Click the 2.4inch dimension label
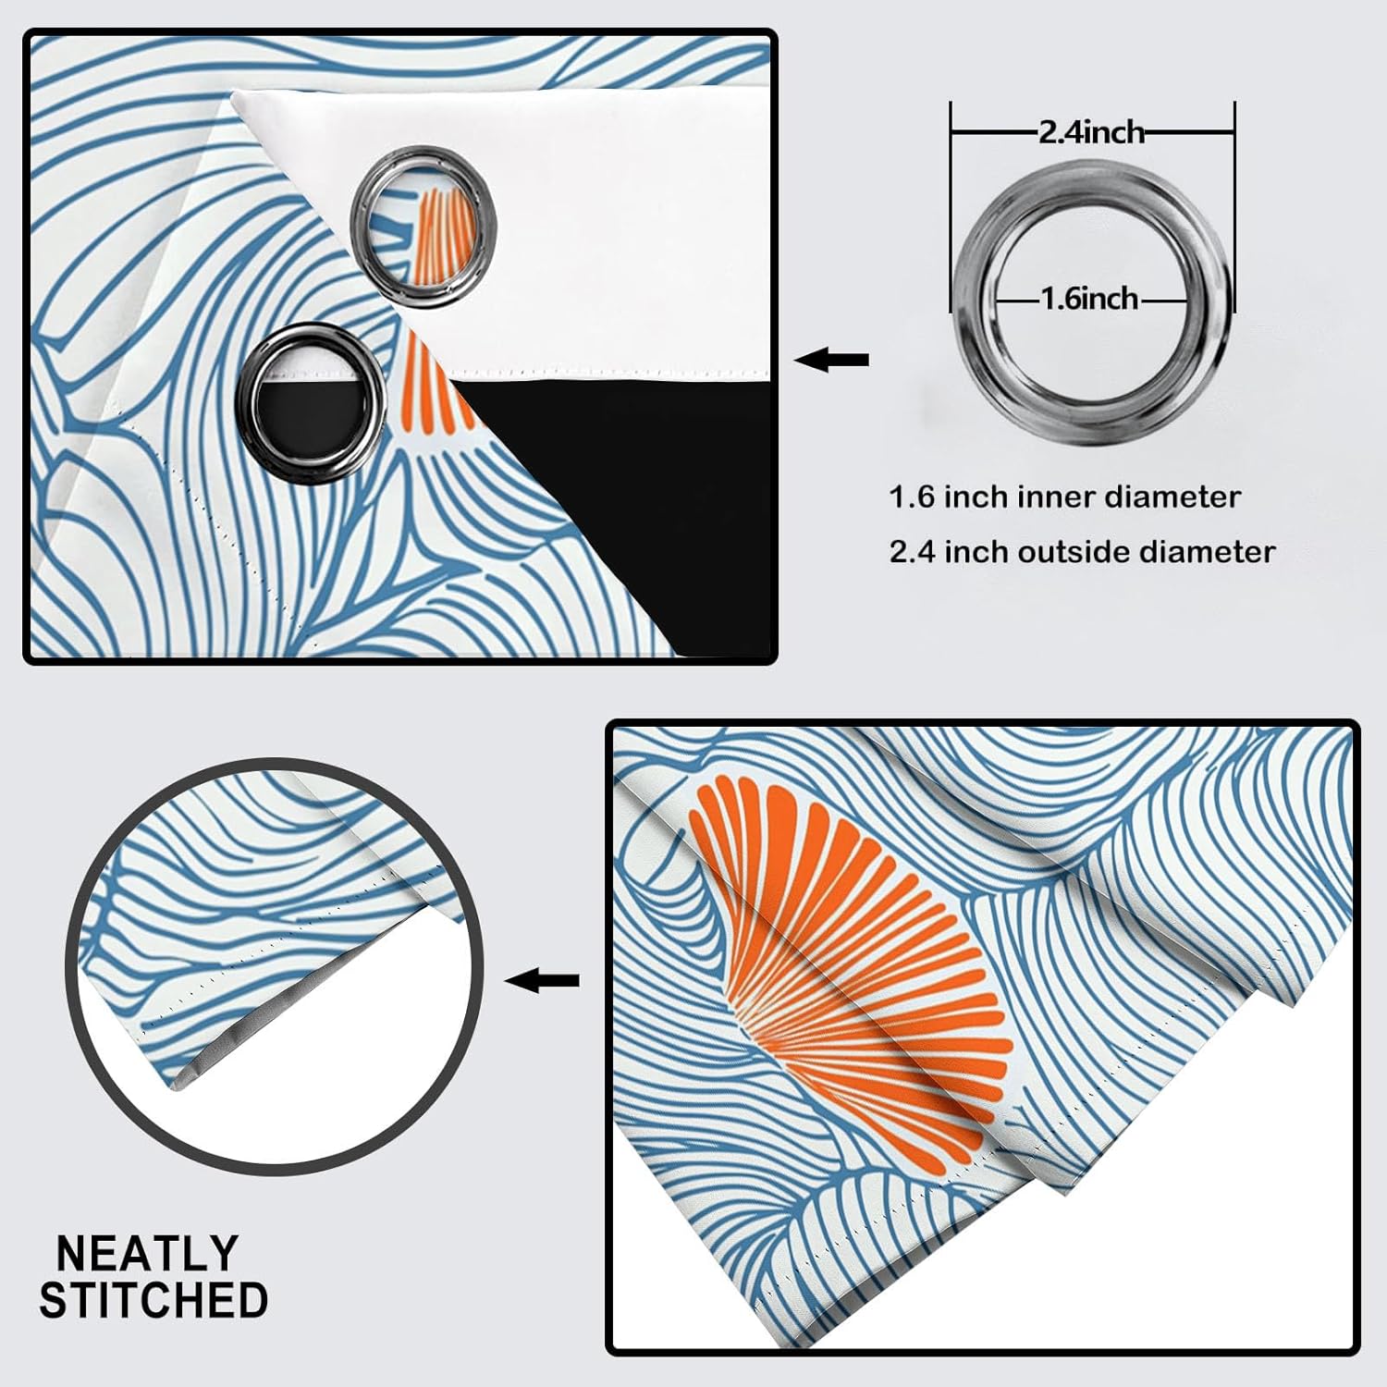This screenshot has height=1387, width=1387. (1091, 132)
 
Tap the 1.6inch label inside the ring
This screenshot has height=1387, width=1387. (1089, 299)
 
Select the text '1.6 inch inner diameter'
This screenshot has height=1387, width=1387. (1064, 497)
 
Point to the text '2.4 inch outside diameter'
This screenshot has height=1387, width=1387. (1082, 552)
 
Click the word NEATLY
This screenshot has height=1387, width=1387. (148, 1254)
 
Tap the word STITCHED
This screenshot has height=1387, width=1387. (153, 1300)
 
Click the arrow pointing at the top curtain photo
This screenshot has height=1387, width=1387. (831, 360)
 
